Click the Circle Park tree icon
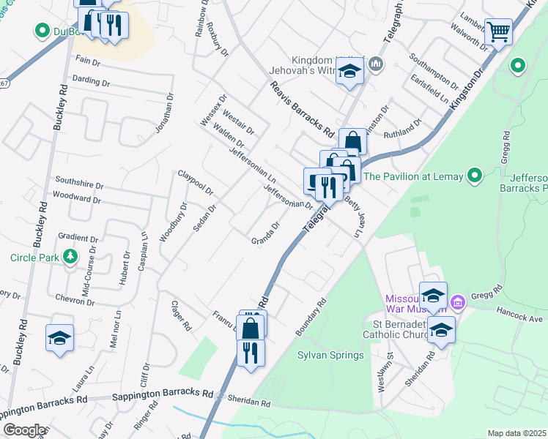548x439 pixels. (x=70, y=257)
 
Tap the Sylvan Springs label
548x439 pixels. (x=330, y=356)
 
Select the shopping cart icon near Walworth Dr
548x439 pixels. (x=498, y=31)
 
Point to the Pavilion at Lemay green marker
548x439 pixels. (x=475, y=176)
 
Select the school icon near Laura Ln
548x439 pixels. (x=59, y=338)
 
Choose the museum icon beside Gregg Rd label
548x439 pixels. (x=458, y=301)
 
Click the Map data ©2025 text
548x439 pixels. (x=516, y=433)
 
